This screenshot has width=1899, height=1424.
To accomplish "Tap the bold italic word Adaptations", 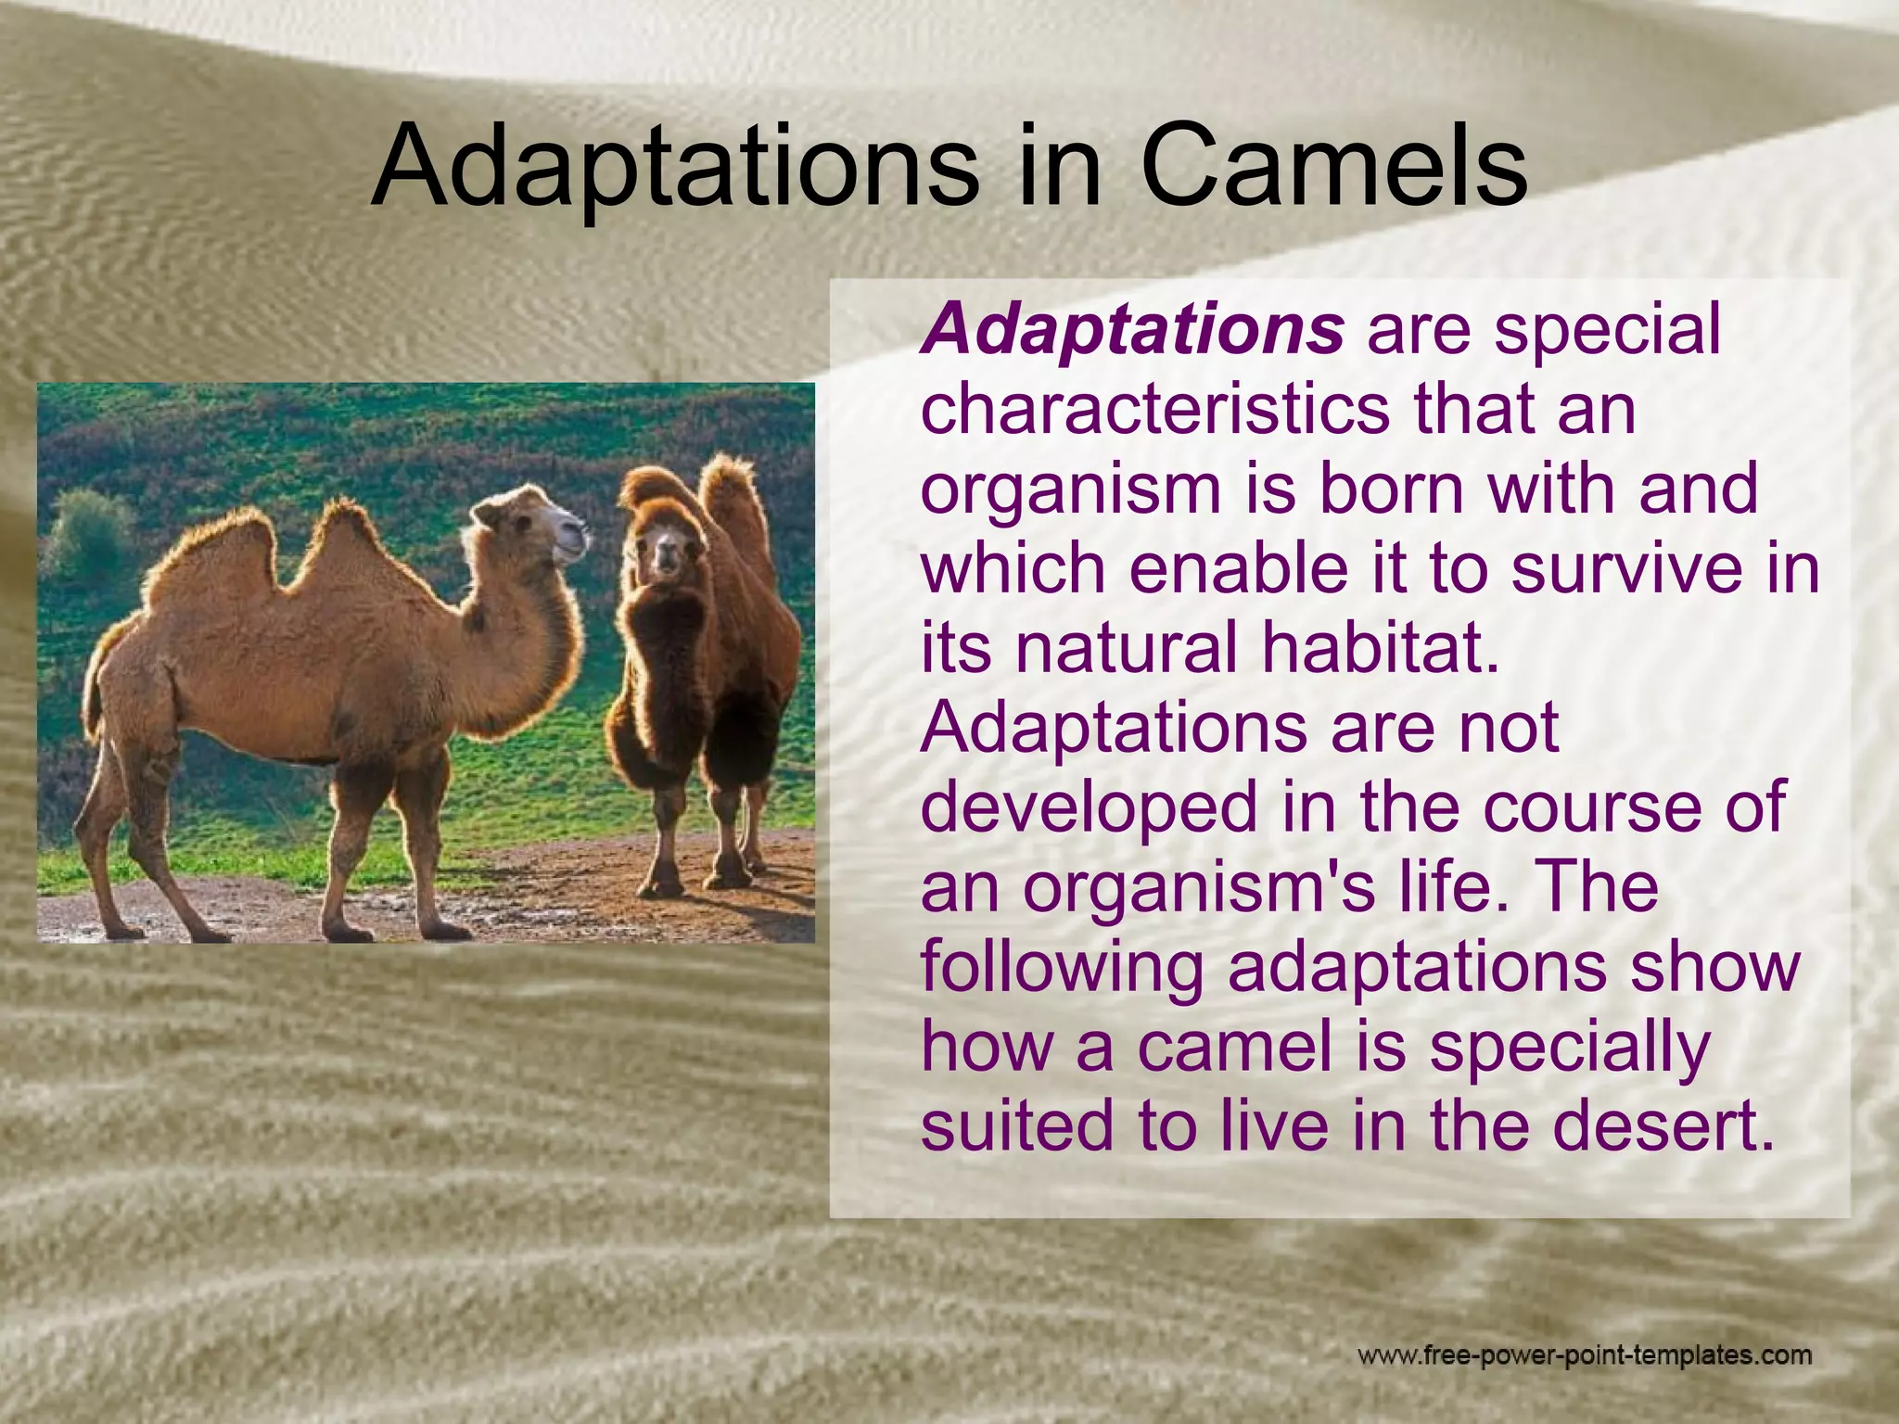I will point(1131,330).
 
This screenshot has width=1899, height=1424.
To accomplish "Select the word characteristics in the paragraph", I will point(1154,409).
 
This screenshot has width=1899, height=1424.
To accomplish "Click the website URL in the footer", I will point(1584,1356).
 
